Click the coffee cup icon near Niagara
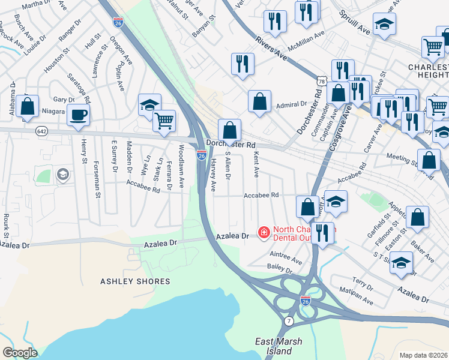(78, 113)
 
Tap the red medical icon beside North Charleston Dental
(263, 232)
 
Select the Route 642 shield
(41, 131)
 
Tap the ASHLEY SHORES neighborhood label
(127, 281)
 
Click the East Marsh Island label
(279, 346)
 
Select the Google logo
(20, 353)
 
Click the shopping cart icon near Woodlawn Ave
(164, 121)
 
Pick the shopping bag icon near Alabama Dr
(28, 106)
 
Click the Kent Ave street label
(256, 164)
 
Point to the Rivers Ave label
(271, 47)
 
